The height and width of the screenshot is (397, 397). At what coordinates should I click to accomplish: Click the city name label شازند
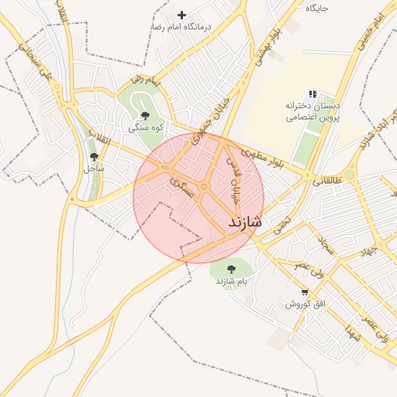(245, 222)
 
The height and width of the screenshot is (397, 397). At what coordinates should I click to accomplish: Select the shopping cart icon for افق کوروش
(305, 292)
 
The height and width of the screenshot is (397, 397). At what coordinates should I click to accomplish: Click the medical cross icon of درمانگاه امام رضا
(181, 15)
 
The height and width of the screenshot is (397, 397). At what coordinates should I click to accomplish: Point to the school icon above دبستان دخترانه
(312, 94)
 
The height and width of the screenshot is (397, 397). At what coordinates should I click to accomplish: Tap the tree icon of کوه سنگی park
(145, 116)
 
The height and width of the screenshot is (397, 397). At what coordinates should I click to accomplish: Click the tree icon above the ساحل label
(94, 157)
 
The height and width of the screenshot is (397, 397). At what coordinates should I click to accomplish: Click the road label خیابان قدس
(231, 177)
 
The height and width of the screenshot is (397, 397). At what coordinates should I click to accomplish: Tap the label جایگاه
(316, 8)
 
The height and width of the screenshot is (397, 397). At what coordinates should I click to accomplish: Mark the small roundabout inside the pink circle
(204, 187)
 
